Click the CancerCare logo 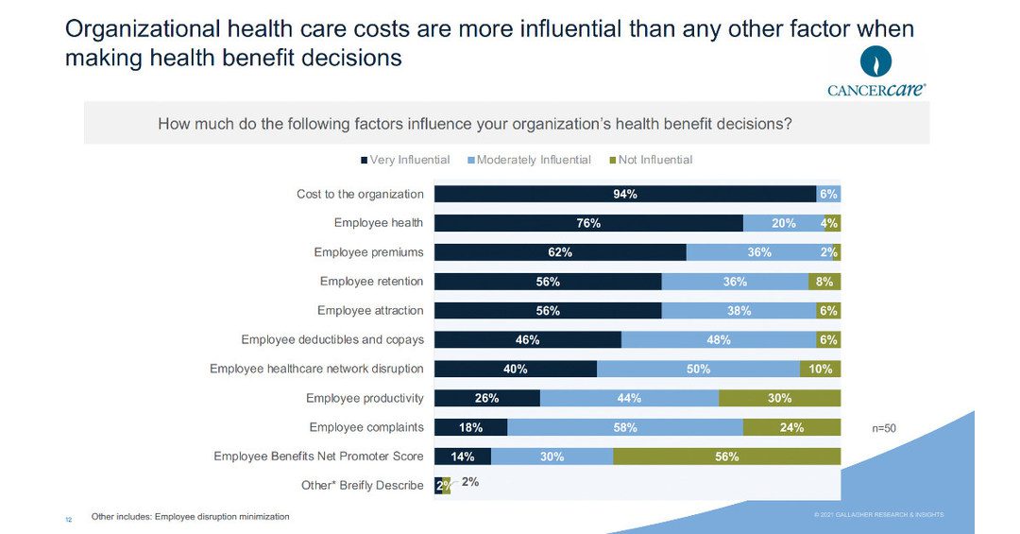875,73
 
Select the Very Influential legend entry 404,160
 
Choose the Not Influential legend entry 652,160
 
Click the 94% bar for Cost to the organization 625,194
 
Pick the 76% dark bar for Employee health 588,223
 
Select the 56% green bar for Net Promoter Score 726,456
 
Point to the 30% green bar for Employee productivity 779,398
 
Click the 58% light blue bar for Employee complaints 625,427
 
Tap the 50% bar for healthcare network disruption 698,369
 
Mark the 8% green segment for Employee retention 824,282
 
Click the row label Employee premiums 368,252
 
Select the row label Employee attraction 370,311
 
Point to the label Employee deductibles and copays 332,339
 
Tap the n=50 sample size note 883,428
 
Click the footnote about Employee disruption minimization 190,517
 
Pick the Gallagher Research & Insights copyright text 878,514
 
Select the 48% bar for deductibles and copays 719,339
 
